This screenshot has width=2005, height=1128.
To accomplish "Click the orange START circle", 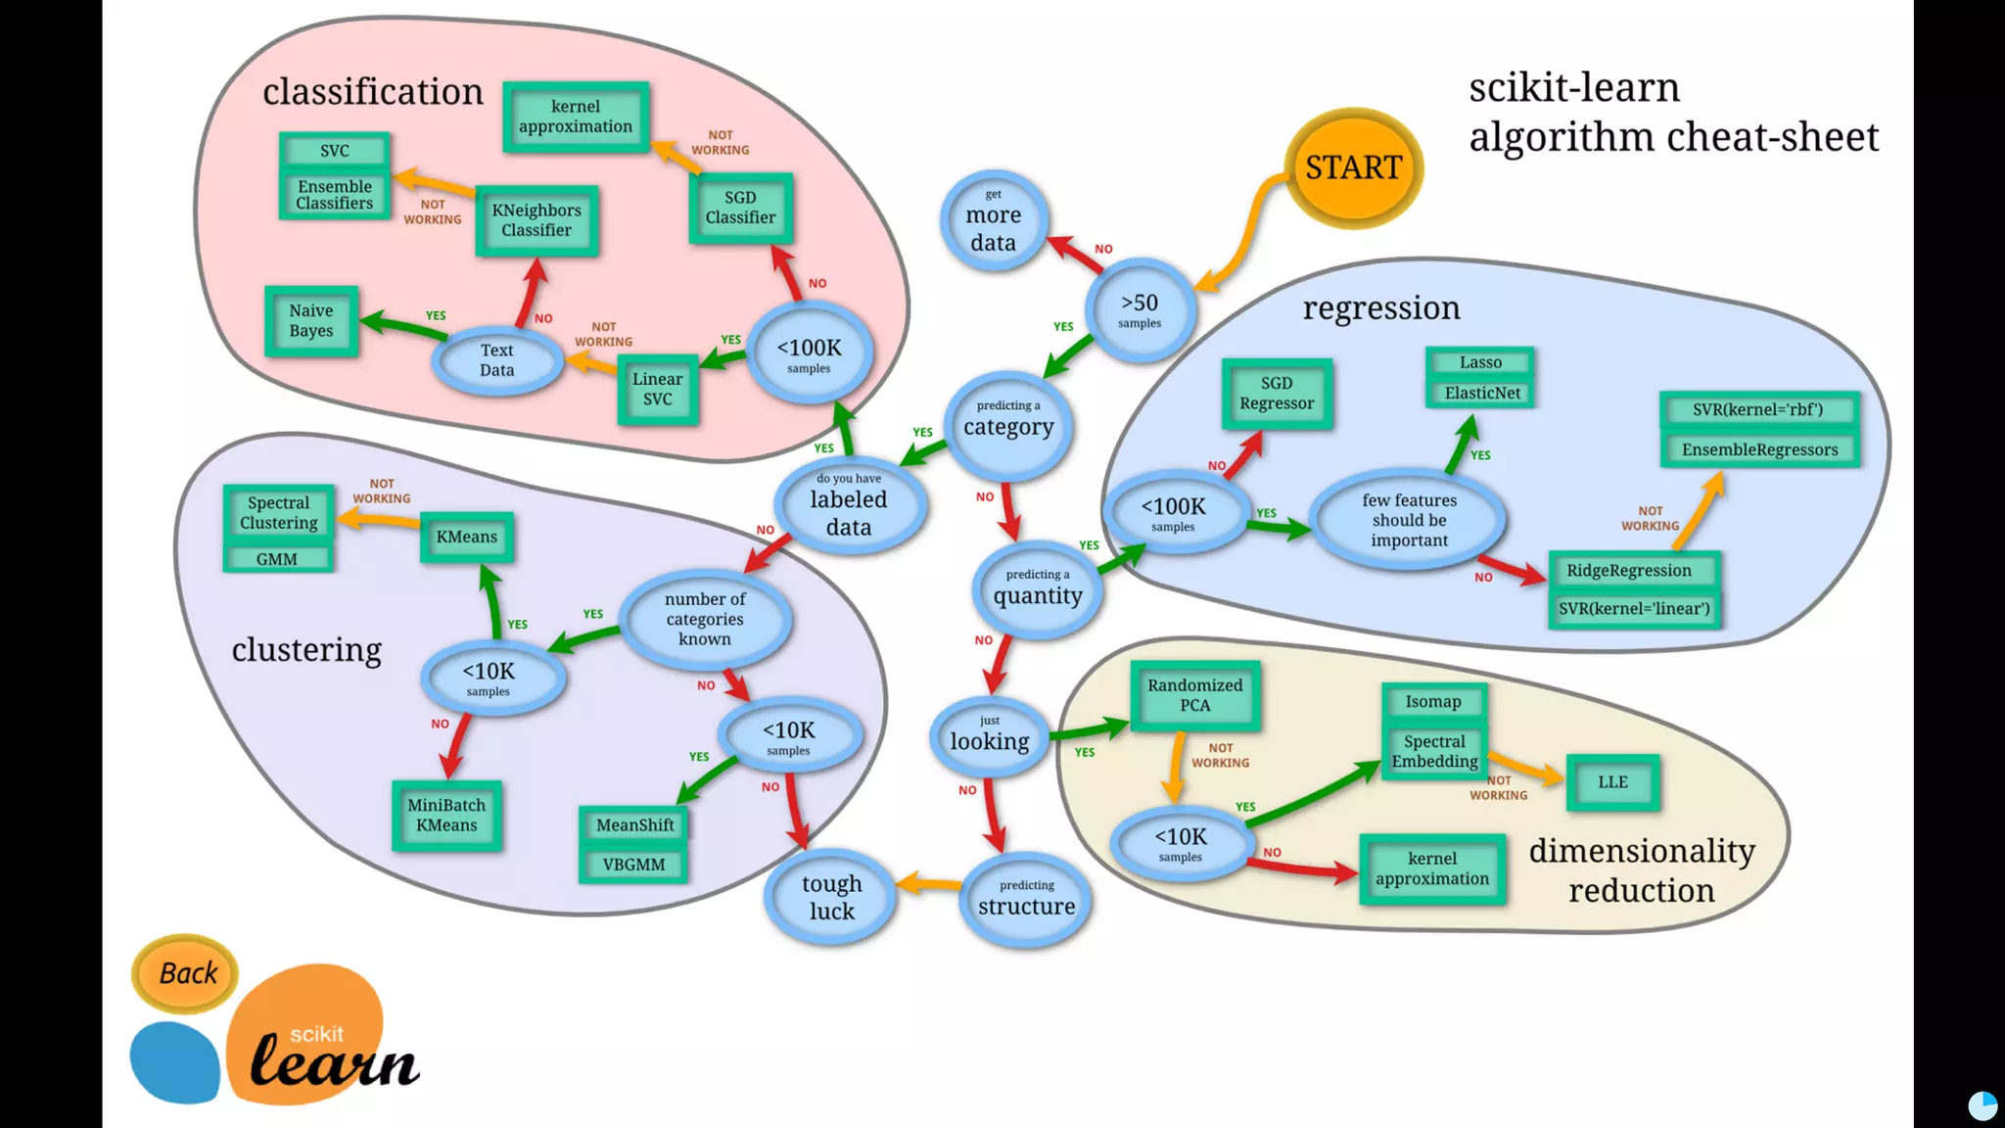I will [x=1353, y=167].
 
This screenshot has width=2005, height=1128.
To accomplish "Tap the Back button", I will [x=186, y=973].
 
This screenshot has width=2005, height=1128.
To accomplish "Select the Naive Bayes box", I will [x=311, y=321].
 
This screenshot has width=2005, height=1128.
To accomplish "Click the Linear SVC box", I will [x=658, y=389].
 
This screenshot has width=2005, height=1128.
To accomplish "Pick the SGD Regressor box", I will [x=1277, y=394].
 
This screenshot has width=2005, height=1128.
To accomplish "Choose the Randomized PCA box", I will [x=1194, y=695].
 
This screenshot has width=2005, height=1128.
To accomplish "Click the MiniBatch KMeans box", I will [x=446, y=815].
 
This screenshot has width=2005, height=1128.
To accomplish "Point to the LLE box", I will [x=1612, y=782].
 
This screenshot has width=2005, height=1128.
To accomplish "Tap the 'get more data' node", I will [x=994, y=222].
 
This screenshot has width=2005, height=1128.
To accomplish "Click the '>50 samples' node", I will [x=1140, y=309].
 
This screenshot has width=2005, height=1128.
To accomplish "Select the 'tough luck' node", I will [x=831, y=897].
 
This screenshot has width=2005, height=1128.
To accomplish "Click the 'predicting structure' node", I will [x=1026, y=899].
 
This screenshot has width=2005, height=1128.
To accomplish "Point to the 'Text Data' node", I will [x=496, y=360].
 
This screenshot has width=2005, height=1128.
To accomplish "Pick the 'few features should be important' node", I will [x=1409, y=520].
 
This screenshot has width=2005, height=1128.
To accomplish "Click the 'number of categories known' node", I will [x=705, y=619].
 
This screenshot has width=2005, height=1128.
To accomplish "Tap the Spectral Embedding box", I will [x=1434, y=751].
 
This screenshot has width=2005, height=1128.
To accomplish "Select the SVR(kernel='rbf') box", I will [x=1758, y=409].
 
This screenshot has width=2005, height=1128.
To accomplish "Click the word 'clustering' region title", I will [x=306, y=649].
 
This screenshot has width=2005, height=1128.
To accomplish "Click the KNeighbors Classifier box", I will [x=536, y=220].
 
